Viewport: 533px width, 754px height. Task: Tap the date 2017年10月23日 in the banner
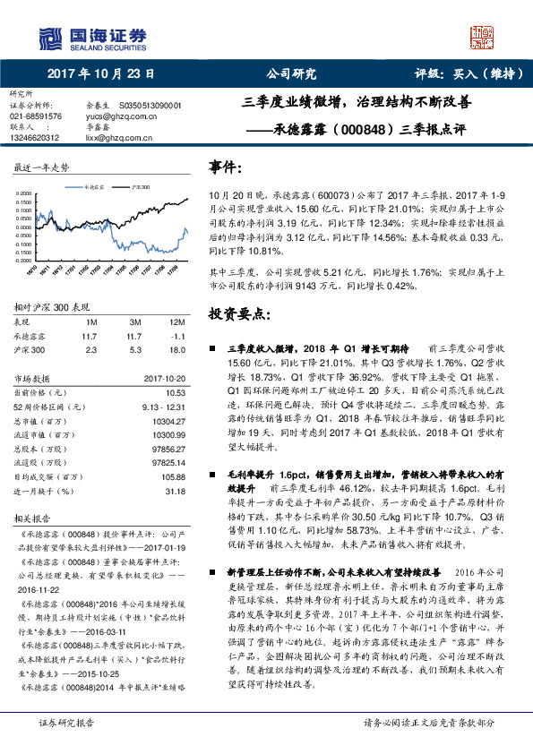[x=99, y=75]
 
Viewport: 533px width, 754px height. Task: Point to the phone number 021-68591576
[x=36, y=116]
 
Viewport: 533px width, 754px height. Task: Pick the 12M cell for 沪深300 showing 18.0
[x=177, y=351]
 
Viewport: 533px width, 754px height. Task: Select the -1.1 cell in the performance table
[x=177, y=336]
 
